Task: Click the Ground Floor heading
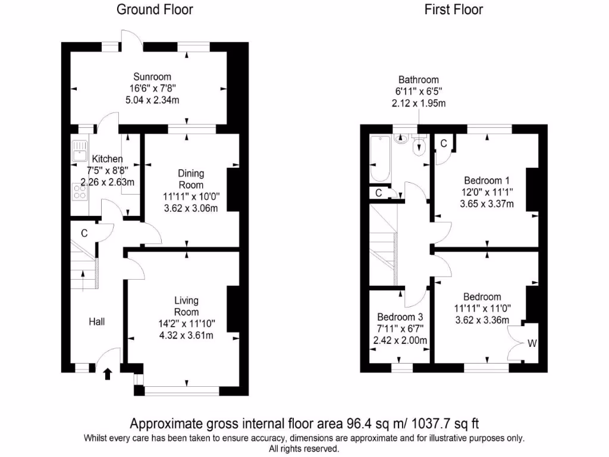[x=155, y=10]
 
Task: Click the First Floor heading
[x=453, y=10]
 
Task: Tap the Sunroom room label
[x=152, y=77]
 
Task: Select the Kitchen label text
[x=107, y=159]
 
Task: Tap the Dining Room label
[x=191, y=179]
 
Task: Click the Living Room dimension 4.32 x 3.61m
[x=186, y=336]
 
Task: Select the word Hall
[x=97, y=322]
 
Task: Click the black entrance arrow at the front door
[x=108, y=374]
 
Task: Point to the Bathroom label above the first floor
[x=418, y=80]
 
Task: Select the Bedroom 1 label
[x=486, y=180]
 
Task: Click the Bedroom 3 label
[x=400, y=317]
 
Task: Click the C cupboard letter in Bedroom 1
[x=444, y=143]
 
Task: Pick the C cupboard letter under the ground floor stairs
[x=84, y=233]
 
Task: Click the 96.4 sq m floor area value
[x=365, y=424]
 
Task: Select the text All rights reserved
[x=304, y=448]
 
